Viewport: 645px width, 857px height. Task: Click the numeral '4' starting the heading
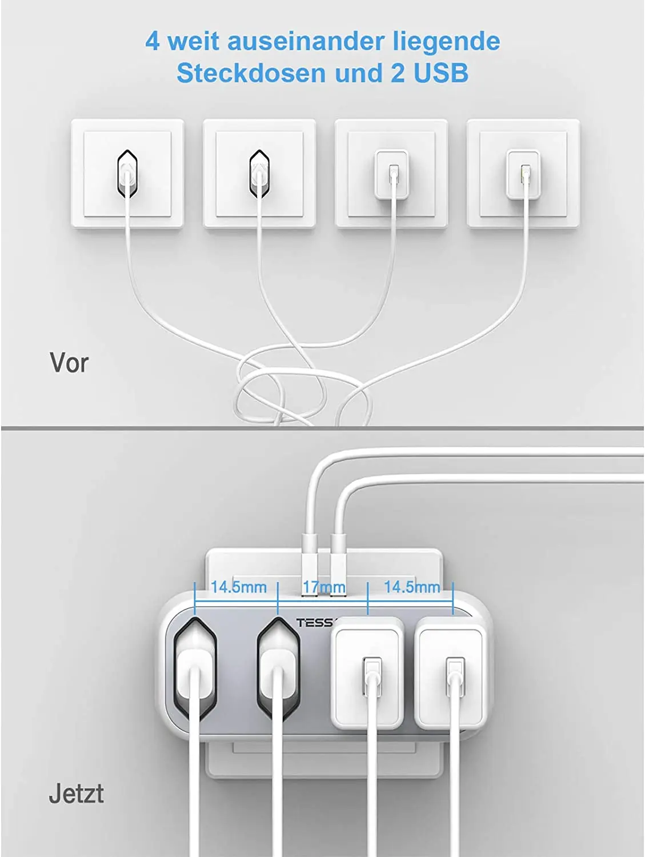pos(153,41)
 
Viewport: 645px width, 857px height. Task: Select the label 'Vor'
pos(69,363)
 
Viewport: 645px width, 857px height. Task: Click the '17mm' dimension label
pos(324,587)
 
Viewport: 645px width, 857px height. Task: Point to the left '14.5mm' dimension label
pos(239,587)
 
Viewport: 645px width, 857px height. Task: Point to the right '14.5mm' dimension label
pos(412,587)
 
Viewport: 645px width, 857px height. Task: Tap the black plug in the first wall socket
pos(127,174)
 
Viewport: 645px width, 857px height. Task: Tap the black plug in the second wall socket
pos(259,174)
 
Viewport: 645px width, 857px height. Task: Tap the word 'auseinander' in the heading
pos(305,41)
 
